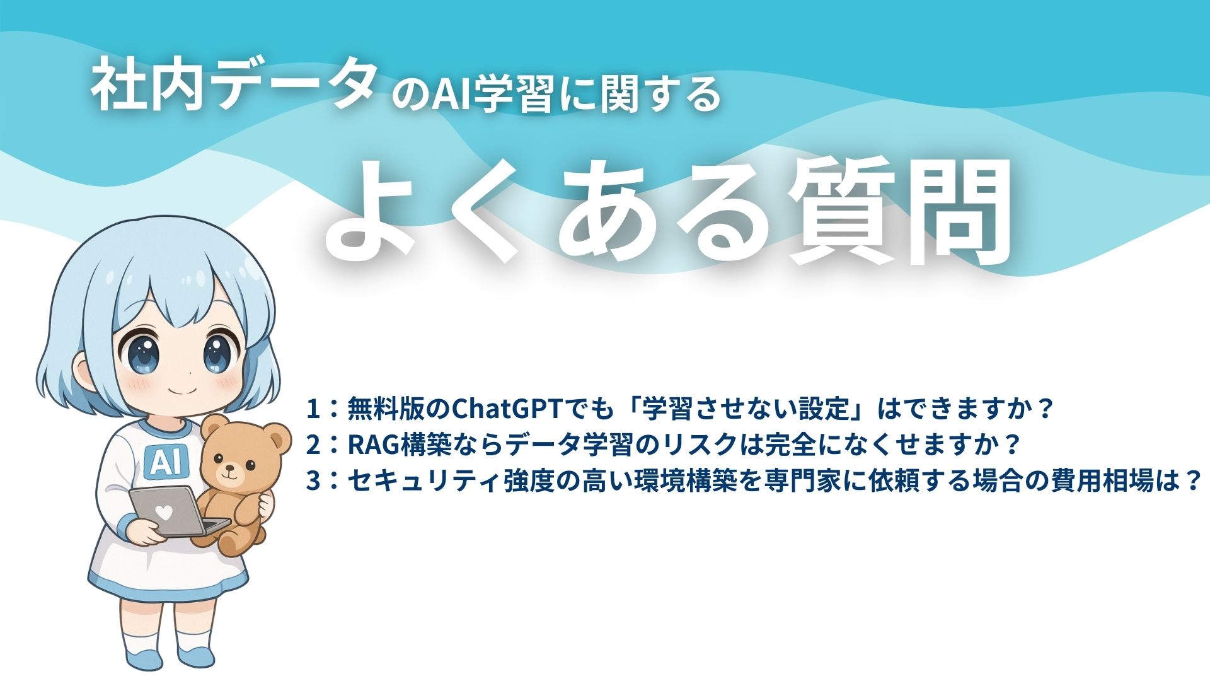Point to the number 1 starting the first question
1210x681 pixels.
pos(313,409)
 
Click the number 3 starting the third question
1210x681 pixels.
pos(313,481)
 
